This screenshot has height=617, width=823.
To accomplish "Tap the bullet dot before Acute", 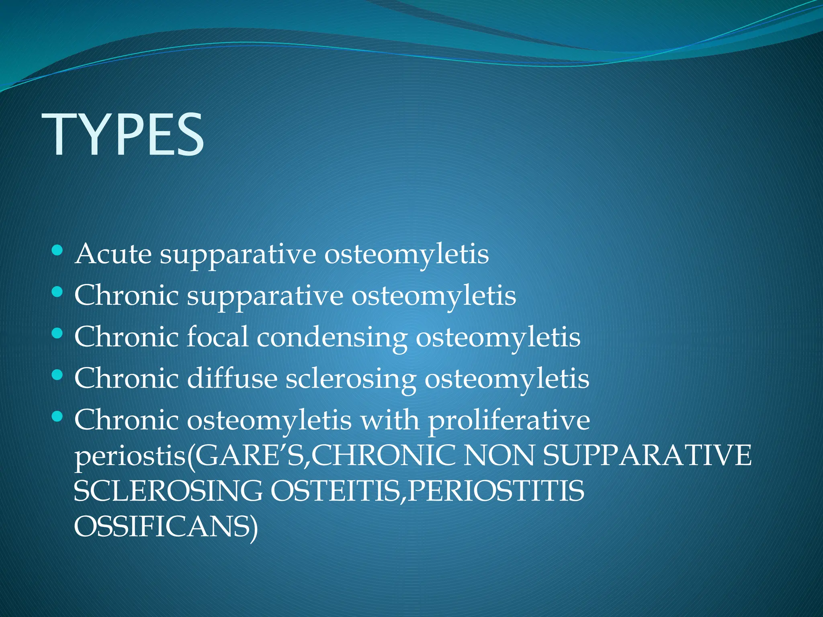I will (57, 251).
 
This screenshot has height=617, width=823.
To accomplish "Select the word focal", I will (217, 337).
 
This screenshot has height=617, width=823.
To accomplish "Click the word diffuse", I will (232, 378).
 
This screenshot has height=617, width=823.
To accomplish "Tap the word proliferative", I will (509, 421).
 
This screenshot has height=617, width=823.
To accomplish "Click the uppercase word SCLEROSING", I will (168, 491).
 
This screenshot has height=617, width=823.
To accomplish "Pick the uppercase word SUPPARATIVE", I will (647, 456).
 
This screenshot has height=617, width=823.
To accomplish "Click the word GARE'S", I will (250, 456).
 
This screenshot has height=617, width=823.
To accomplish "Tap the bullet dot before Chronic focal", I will (57, 334).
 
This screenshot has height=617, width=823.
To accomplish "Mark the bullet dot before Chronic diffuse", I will (57, 376).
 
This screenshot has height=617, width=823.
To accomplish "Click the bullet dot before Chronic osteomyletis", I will (57, 417).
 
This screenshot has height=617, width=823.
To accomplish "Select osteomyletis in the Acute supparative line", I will (406, 255).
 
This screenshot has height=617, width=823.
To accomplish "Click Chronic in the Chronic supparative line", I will (127, 296).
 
